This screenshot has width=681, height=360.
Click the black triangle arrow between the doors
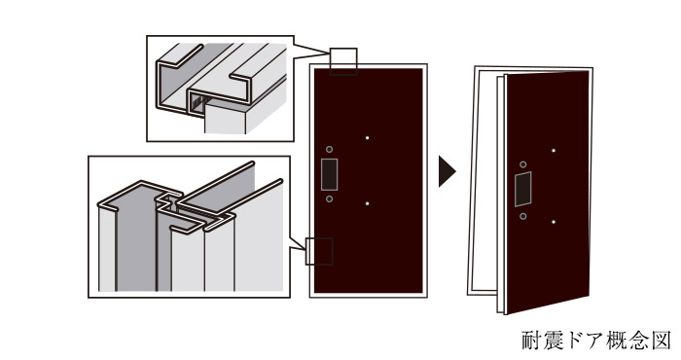446,171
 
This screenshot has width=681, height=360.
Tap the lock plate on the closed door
329,174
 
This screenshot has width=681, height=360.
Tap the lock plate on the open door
523,190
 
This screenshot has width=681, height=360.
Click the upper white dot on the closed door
367,138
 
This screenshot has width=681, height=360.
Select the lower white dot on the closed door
367,203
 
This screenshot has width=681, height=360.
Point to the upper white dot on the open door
554,151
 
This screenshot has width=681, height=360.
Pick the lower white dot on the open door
554,222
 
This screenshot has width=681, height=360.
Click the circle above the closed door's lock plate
329,150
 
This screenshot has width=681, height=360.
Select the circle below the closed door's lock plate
329,198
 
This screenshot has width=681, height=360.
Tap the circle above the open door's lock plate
523,164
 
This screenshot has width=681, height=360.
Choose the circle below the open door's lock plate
523,216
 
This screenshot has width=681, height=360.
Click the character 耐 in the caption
531,340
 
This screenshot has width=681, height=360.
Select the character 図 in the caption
662,340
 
